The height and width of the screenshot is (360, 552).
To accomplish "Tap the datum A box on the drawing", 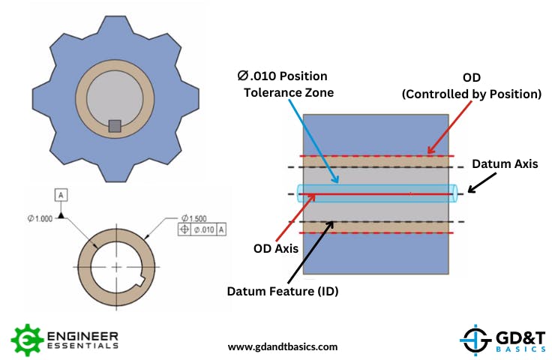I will [62, 196].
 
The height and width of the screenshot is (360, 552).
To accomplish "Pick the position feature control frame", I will [202, 229].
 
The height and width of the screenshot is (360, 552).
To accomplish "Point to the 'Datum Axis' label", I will [504, 164].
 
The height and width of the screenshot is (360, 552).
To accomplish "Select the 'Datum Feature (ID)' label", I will [283, 290].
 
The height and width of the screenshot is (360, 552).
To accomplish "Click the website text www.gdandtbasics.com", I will [282, 346].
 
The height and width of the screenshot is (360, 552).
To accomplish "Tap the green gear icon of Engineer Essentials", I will [25, 339].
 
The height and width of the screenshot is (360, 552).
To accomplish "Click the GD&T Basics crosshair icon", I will [475, 339].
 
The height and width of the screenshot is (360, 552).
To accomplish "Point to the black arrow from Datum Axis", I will [480, 184].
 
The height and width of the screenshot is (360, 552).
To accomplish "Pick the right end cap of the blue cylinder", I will [454, 193].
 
